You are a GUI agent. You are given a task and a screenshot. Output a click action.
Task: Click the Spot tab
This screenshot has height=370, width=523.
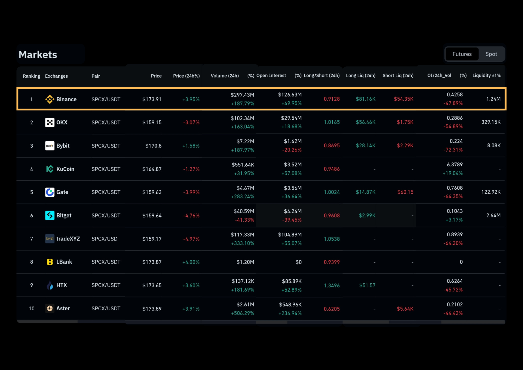pos(491,54)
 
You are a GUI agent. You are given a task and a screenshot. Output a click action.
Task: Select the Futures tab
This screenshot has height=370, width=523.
pos(462,54)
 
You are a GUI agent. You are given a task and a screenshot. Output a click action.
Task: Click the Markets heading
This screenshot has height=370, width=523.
pos(38,55)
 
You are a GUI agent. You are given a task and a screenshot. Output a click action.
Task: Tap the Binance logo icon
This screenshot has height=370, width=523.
pos(50,99)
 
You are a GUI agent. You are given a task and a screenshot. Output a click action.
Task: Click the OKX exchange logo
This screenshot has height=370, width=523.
pos(50,122)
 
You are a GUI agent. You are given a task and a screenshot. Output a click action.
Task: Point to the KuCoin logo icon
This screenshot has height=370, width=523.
pos(50,169)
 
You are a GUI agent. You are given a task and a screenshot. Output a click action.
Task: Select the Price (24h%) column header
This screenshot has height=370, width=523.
pos(186,76)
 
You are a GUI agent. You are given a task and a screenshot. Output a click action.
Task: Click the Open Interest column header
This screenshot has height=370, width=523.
pos(271,76)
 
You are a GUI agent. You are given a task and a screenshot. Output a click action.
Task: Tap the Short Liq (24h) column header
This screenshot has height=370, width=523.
pos(398,76)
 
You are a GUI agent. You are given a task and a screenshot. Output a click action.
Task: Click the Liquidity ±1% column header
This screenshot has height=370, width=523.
pos(487,76)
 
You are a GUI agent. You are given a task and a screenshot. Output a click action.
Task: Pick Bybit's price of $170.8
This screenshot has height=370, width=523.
pos(154,146)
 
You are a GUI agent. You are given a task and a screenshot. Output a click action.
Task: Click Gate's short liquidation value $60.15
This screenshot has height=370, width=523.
pos(405,192)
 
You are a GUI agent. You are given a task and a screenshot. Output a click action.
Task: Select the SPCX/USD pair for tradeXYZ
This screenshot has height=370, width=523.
pos(105,239)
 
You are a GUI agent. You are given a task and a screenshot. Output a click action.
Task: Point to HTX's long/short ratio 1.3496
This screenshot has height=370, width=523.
pos(332,285)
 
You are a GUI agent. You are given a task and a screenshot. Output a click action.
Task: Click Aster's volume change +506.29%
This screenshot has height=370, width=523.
pos(243,313)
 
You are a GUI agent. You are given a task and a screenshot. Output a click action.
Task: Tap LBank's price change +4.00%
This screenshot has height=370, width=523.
pos(191,262)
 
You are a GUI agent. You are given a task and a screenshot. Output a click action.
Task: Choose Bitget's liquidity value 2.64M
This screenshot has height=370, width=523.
pos(493,215)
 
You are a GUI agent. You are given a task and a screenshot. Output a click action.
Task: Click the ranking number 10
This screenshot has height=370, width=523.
pos(32,309)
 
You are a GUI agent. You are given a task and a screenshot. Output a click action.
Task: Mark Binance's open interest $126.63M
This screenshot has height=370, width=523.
pos(290,95)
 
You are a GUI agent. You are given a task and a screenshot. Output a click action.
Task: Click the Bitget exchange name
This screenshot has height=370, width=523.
pos(64,216)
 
